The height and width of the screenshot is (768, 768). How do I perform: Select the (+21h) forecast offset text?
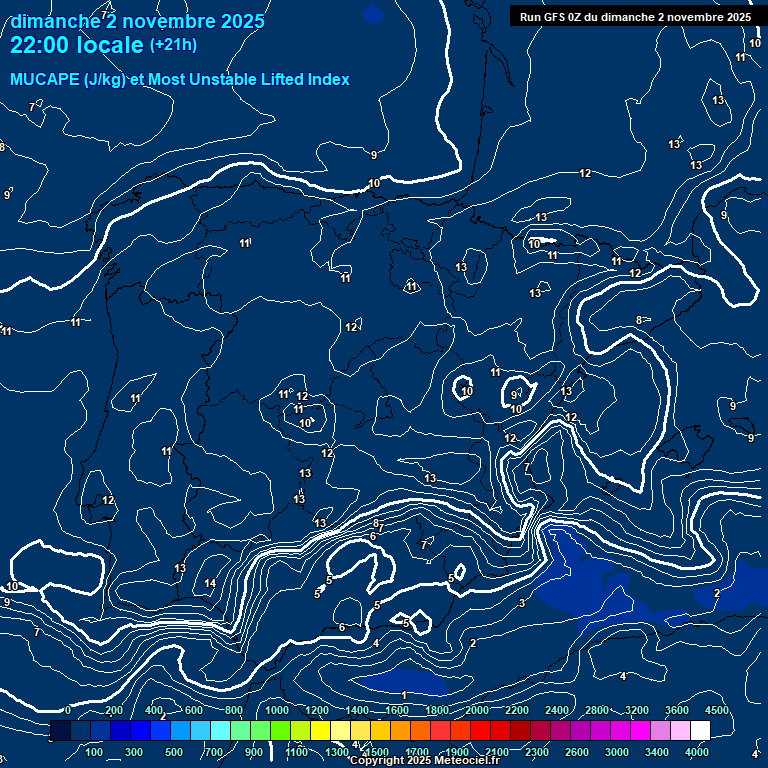(x=173, y=44)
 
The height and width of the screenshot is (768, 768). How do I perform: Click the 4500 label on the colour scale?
(x=717, y=710)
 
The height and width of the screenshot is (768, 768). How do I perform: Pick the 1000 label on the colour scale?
(x=277, y=710)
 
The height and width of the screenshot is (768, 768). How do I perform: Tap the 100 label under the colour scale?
(x=95, y=752)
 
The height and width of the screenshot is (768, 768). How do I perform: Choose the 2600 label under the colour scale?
(x=577, y=752)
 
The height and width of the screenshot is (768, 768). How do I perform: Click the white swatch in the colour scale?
(x=700, y=730)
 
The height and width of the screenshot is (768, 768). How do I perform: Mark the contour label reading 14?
(x=210, y=583)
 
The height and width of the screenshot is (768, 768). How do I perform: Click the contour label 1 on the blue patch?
(x=404, y=695)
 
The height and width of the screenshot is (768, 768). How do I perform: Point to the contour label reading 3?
(x=522, y=603)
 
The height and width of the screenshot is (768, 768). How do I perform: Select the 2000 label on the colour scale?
(x=477, y=710)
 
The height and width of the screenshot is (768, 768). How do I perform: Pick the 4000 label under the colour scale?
(x=697, y=752)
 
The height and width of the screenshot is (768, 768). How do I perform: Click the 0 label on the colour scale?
(x=68, y=710)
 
